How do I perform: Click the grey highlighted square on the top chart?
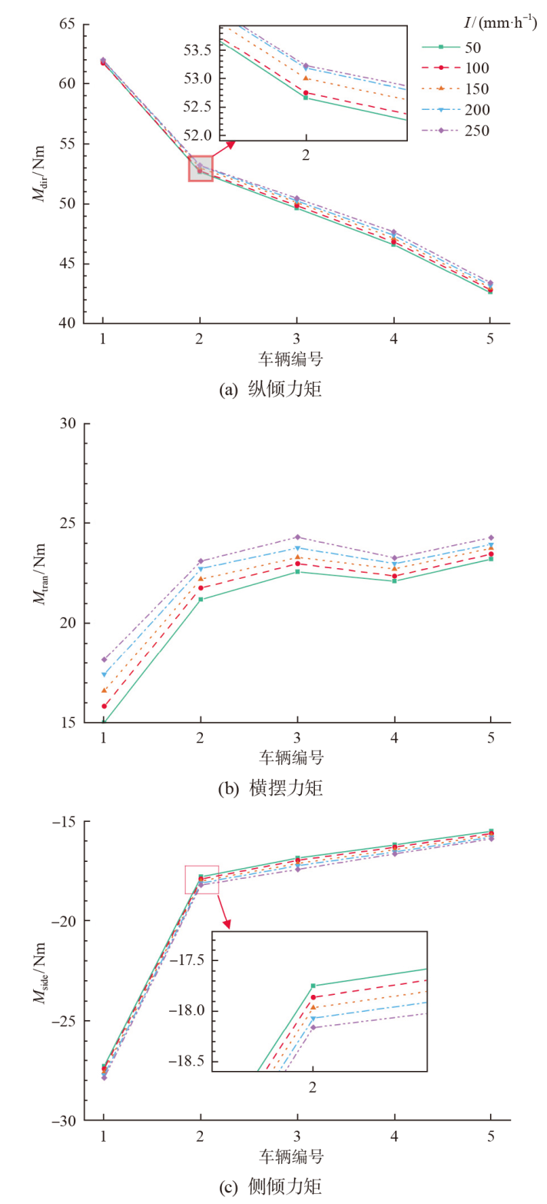point(201,168)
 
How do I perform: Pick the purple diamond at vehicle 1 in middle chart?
point(104,660)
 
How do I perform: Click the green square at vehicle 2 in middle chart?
point(201,599)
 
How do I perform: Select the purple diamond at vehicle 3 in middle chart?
point(297,537)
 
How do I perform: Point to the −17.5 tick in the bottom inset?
point(188,960)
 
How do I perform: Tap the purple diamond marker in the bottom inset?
point(313,1027)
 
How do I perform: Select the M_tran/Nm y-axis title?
point(40,573)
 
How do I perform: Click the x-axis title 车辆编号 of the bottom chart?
point(297,1156)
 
